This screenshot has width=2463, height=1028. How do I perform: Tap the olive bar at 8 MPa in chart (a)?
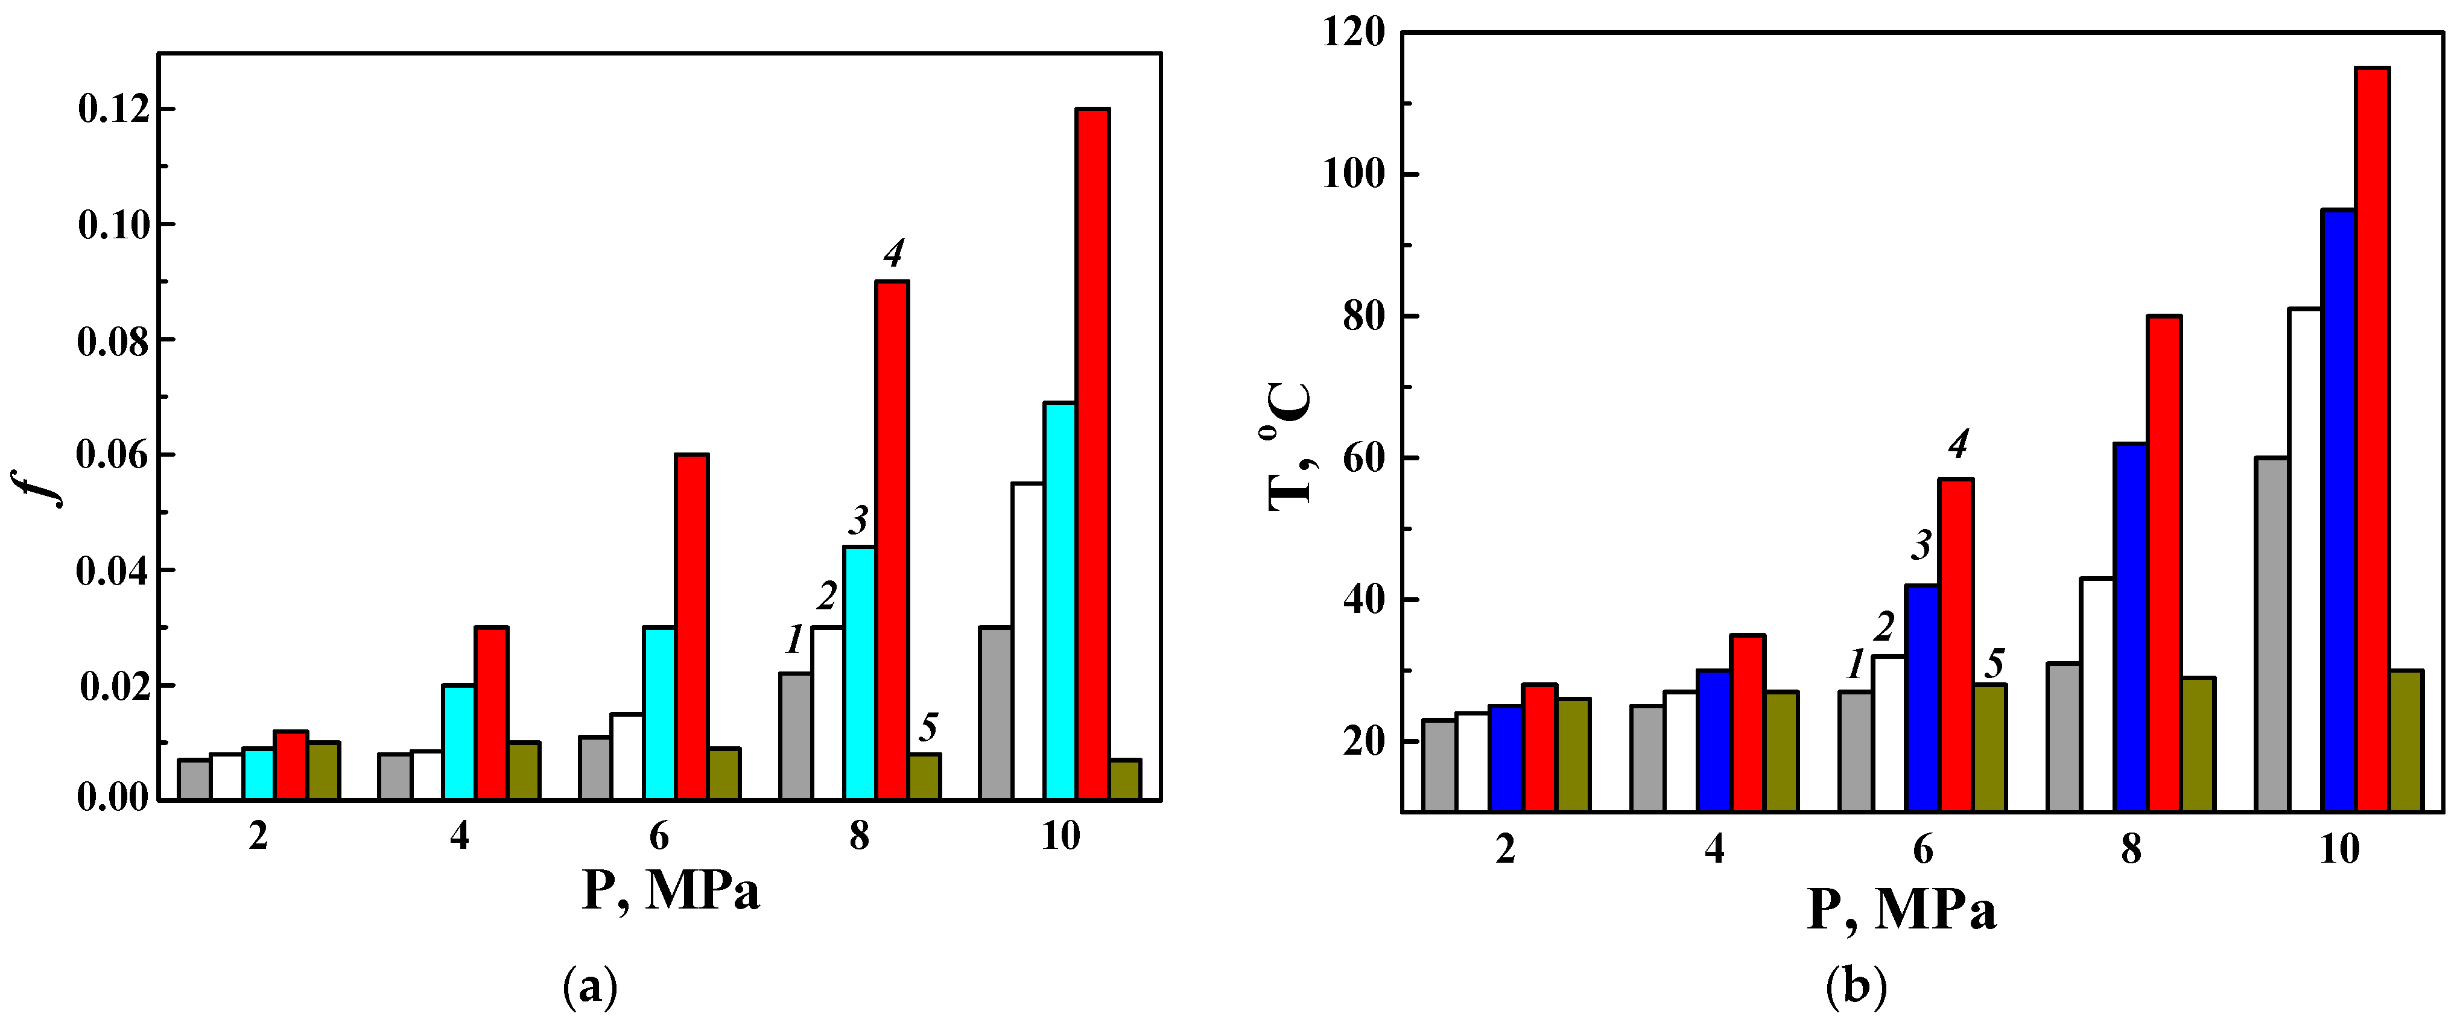[x=925, y=776]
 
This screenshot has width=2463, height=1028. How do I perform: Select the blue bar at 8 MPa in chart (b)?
[x=2130, y=627]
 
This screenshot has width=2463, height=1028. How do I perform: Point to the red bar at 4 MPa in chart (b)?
[x=1747, y=723]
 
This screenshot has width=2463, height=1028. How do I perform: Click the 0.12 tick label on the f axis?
[x=115, y=110]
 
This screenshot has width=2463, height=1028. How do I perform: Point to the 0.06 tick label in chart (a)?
[x=115, y=456]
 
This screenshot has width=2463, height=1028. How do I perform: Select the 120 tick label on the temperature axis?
[x=1352, y=33]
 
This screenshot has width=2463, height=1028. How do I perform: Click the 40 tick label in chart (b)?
[x=1363, y=600]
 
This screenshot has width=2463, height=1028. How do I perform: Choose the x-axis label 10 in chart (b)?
[x=2339, y=849]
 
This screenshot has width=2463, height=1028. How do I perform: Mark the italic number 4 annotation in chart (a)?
[x=893, y=253]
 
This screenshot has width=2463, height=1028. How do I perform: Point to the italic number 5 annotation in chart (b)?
[x=1994, y=662]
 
